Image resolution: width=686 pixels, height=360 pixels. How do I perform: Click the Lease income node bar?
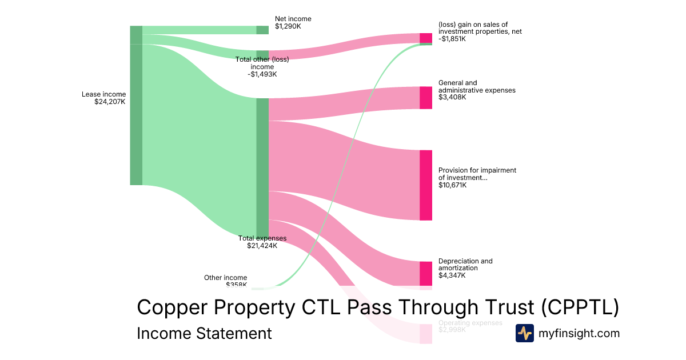click(136, 106)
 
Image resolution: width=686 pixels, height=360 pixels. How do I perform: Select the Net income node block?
click(262, 30)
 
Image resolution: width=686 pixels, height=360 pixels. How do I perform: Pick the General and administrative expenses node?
click(426, 98)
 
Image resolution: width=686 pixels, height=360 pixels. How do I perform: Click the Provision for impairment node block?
click(426, 185)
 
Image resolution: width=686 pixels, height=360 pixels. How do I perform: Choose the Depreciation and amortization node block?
click(426, 274)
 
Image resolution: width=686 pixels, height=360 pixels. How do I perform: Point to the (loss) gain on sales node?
click(426, 38)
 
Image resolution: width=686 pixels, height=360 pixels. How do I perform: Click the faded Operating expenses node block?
click(426, 334)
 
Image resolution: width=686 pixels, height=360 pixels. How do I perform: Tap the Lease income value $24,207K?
click(110, 102)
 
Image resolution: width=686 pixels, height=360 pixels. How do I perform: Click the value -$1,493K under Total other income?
click(262, 74)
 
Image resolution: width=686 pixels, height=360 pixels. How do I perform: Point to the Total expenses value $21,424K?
click(262, 246)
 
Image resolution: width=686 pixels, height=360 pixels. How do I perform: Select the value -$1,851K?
click(452, 39)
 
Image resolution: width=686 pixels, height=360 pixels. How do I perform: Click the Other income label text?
click(225, 278)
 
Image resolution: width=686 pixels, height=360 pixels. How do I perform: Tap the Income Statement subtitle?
click(204, 333)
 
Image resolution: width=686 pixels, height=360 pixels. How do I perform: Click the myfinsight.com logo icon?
click(524, 333)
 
